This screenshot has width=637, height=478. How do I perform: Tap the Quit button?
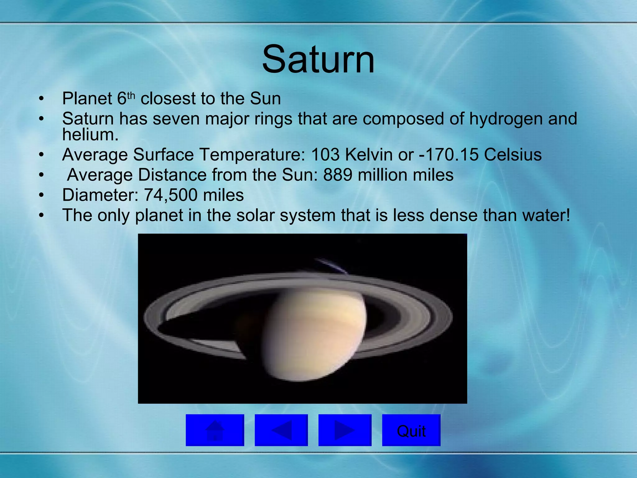[411, 431]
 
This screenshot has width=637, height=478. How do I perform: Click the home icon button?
[215, 431]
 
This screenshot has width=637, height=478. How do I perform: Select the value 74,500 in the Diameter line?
[170, 195]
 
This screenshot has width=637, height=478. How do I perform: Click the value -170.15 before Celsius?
[449, 155]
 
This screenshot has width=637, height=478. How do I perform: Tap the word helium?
[90, 135]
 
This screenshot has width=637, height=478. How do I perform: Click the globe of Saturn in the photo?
[314, 333]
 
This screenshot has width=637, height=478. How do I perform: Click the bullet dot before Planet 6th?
[41, 99]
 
